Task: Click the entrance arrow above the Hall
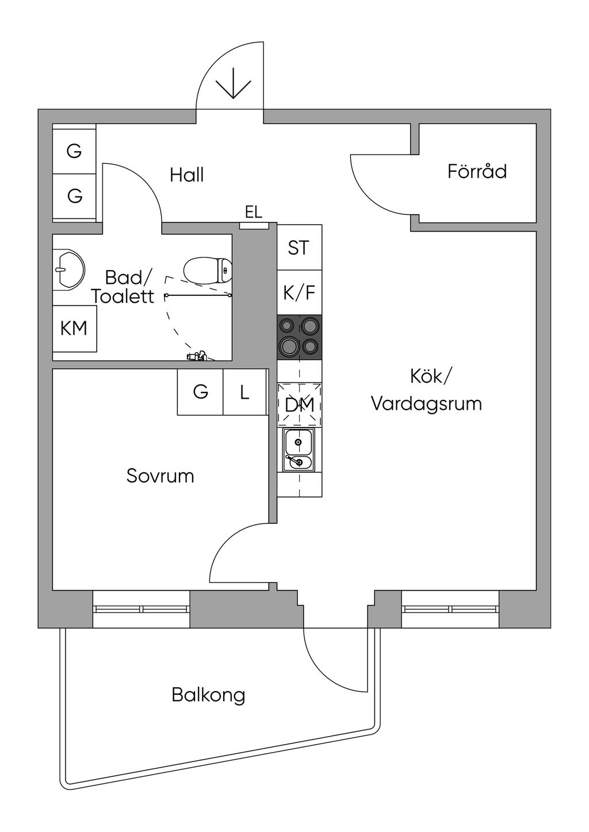[233, 84]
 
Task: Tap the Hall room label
[187, 175]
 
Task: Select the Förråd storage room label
[477, 171]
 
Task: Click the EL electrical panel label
[254, 213]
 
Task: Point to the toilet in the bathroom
[208, 270]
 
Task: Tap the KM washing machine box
[74, 329]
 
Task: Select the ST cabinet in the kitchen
[299, 247]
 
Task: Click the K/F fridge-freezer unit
[299, 292]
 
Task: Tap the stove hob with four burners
[299, 338]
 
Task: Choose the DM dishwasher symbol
[299, 404]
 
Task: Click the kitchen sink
[298, 450]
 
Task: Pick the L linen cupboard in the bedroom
[244, 392]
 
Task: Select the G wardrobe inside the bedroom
[200, 392]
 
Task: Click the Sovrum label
[160, 476]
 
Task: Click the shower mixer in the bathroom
[198, 356]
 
